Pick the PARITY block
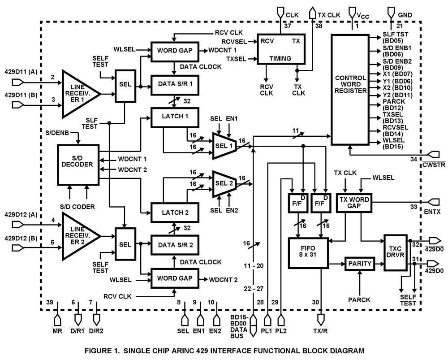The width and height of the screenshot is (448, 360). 360,264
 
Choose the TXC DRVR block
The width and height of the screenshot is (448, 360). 396,252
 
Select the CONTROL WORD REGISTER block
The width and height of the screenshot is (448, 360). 350,90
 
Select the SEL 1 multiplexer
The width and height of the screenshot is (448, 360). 224,146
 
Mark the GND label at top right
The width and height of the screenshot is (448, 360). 405,14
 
